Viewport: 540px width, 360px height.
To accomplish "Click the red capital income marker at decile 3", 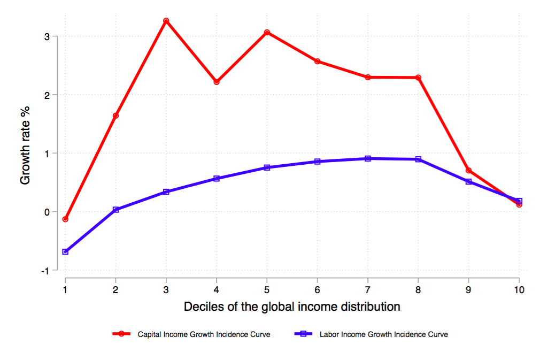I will click(166, 21).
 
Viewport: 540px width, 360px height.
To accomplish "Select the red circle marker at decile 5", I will click(267, 32).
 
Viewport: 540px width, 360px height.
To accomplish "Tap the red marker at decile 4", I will click(217, 82).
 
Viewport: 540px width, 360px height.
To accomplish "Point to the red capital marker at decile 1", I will click(65, 219).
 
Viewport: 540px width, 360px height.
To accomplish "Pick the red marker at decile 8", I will click(418, 78).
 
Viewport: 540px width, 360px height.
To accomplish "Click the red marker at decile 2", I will click(115, 116).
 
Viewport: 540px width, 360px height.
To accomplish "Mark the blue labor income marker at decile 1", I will click(65, 251).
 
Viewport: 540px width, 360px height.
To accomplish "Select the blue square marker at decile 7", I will click(368, 158).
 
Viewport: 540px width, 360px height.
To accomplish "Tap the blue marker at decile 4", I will click(217, 178).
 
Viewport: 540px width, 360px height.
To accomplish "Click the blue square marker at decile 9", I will click(469, 181).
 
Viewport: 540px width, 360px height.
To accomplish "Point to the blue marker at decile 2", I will click(115, 210).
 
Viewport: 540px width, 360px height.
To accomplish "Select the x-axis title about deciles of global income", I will click(292, 307).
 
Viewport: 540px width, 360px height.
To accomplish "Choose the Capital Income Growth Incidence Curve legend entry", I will click(204, 334).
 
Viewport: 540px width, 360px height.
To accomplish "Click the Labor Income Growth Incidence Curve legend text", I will click(383, 334).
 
